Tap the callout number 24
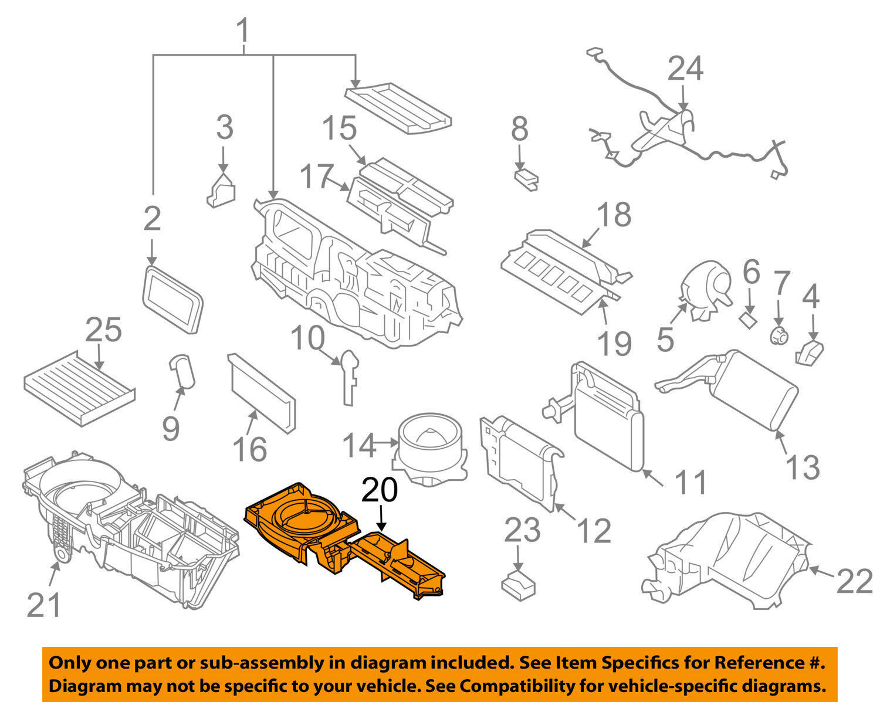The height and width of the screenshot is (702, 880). [685, 69]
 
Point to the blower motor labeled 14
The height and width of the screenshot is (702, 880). [431, 449]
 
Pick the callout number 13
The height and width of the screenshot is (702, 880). [802, 467]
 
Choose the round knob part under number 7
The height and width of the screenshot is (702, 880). [779, 337]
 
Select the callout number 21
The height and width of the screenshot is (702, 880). [44, 605]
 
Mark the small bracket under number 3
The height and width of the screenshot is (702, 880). [221, 188]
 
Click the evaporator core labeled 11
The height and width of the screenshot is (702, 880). [608, 416]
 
